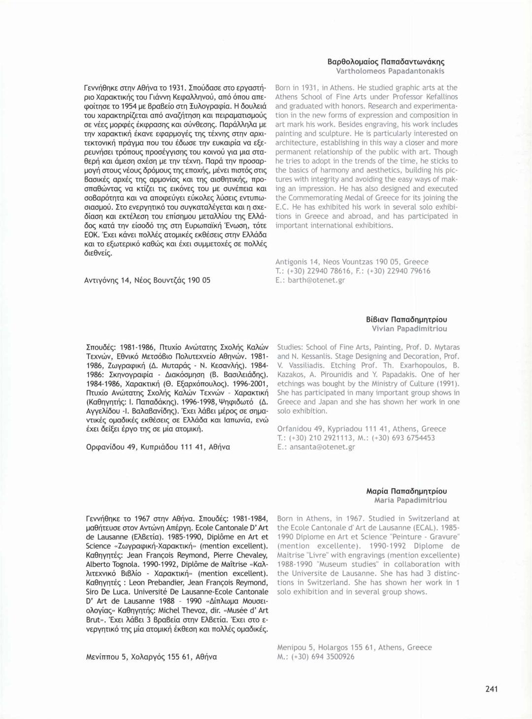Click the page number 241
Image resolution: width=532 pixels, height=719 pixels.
point(491,689)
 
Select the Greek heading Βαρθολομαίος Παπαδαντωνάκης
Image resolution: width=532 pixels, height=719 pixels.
point(386,62)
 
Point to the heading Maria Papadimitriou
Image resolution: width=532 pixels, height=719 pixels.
point(410,500)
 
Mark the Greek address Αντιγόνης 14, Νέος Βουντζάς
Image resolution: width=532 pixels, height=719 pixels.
point(147,280)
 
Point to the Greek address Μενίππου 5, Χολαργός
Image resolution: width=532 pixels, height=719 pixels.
point(151,656)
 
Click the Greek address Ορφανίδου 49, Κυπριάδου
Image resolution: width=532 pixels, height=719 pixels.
point(158,447)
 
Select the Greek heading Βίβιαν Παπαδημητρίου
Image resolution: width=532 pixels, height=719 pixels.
point(406,319)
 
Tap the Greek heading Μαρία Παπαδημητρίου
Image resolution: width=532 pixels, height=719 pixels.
point(406,491)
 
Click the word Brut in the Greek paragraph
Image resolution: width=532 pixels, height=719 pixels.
point(94,619)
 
